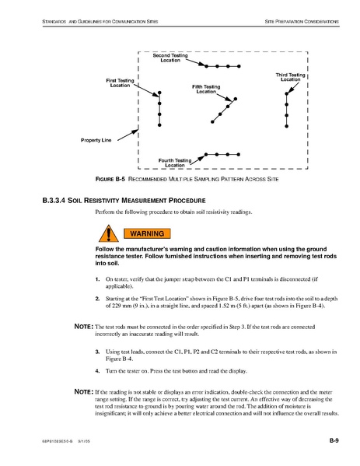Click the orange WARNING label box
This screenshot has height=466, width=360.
pyautogui.click(x=147, y=233)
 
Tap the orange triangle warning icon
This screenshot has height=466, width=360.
pyautogui.click(x=108, y=234)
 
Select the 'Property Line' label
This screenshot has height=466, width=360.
pyautogui.click(x=96, y=140)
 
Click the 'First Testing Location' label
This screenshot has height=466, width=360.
pyautogui.click(x=120, y=83)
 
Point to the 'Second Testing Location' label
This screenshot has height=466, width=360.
pyautogui.click(x=170, y=58)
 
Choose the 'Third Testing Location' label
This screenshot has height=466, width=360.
pyautogui.click(x=290, y=77)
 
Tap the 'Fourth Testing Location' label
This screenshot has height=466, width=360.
pyautogui.click(x=175, y=163)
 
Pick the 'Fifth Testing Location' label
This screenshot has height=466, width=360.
pyautogui.click(x=206, y=89)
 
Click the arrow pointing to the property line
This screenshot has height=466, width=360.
pyautogui.click(x=128, y=135)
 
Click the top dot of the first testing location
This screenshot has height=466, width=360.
pyautogui.click(x=159, y=93)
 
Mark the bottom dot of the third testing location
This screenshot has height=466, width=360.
pyautogui.click(x=287, y=126)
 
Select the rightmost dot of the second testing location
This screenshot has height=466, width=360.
pyautogui.click(x=239, y=66)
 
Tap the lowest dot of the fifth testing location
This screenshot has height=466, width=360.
pyautogui.click(x=212, y=122)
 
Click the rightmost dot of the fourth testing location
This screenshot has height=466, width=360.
pyautogui.click(x=239, y=155)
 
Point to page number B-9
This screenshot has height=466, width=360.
pyautogui.click(x=334, y=440)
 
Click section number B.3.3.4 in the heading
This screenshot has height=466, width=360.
pyautogui.click(x=54, y=201)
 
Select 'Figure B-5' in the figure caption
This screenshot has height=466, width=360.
pyautogui.click(x=110, y=179)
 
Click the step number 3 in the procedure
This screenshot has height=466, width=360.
pyautogui.click(x=97, y=352)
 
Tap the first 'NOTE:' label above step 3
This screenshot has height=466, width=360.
pyautogui.click(x=84, y=327)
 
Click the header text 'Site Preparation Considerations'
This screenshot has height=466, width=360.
pyautogui.click(x=302, y=22)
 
